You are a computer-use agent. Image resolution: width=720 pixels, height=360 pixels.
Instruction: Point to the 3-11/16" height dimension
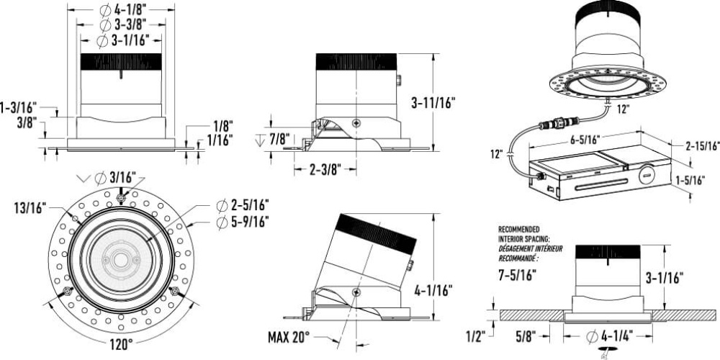(433, 103)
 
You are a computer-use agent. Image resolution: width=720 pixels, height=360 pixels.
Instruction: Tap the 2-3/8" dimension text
(325, 170)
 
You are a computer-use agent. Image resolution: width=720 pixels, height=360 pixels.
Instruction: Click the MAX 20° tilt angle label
(289, 338)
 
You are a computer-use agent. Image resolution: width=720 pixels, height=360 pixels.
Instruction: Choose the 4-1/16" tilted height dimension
(433, 290)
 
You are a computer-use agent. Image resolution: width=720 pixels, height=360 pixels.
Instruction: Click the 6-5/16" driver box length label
(584, 140)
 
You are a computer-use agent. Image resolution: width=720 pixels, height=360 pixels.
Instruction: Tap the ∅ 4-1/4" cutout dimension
(610, 336)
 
